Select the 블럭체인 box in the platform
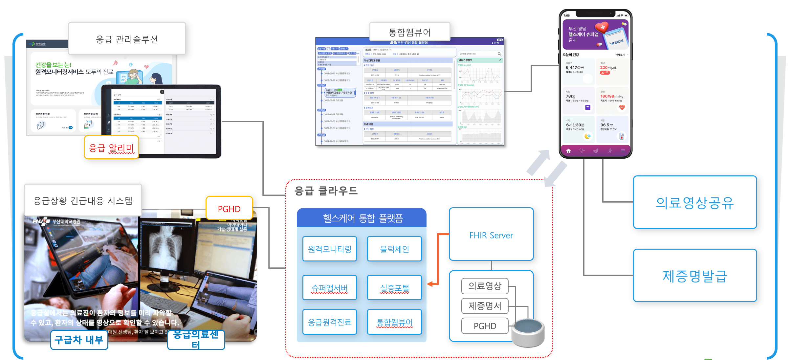[x=394, y=249]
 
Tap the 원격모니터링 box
[x=330, y=249]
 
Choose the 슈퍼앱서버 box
[x=330, y=288]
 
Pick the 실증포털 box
[x=394, y=288]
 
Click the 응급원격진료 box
[x=330, y=322]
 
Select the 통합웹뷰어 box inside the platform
[x=394, y=322]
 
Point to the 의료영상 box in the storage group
[x=485, y=286]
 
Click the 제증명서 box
[x=485, y=306]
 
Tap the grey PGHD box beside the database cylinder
[x=485, y=326]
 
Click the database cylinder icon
[x=528, y=332]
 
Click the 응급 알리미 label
[x=112, y=147]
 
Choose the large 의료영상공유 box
[x=695, y=202]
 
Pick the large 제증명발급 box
[x=695, y=276]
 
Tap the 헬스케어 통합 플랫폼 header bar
[x=362, y=218]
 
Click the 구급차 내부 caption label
[x=79, y=340]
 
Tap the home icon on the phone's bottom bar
[x=569, y=151]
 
